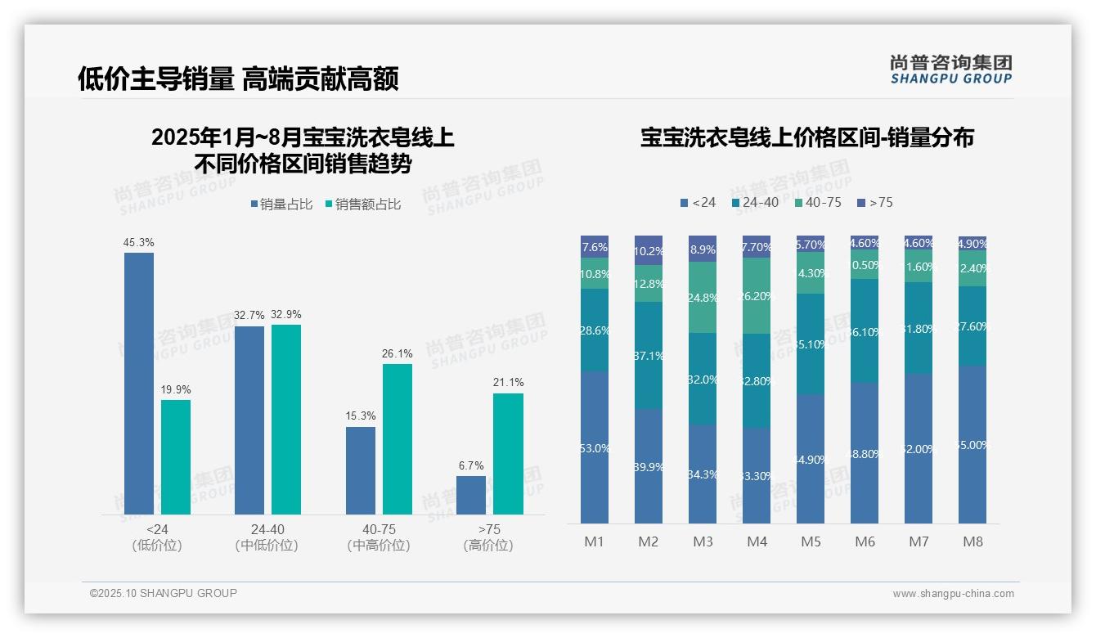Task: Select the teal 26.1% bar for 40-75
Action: tap(398, 438)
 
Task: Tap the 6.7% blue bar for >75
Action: tap(471, 495)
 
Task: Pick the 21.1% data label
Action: tap(509, 382)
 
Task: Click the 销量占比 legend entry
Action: tap(281, 204)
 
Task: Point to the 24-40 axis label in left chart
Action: tap(267, 529)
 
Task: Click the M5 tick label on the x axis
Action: tap(811, 541)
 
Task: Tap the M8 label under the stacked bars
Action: tap(972, 541)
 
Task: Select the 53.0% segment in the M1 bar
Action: tap(595, 447)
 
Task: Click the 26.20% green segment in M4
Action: tap(757, 296)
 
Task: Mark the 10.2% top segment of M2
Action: tap(649, 251)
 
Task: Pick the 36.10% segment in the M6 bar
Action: tap(865, 331)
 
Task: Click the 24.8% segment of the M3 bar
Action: tap(703, 298)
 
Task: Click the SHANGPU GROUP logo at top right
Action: tap(950, 70)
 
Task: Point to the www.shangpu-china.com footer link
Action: tap(953, 594)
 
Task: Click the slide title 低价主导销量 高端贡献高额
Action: tap(238, 79)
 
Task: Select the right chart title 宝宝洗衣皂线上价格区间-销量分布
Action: tap(806, 137)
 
